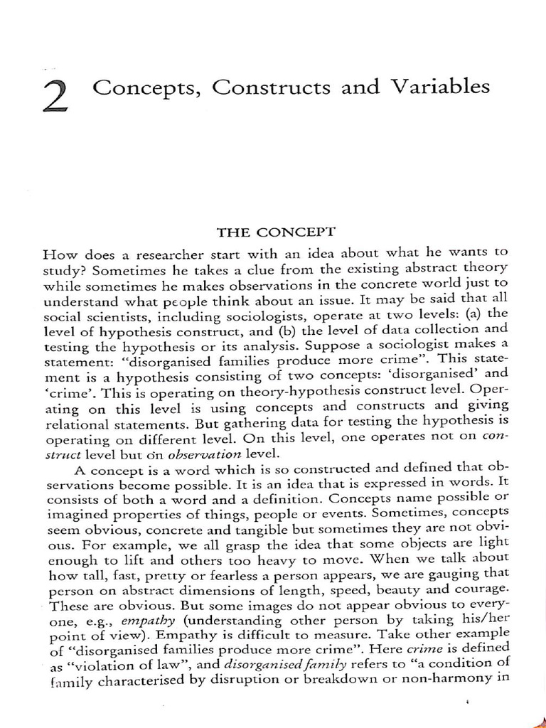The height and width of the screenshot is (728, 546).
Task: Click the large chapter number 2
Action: pyautogui.click(x=56, y=97)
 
